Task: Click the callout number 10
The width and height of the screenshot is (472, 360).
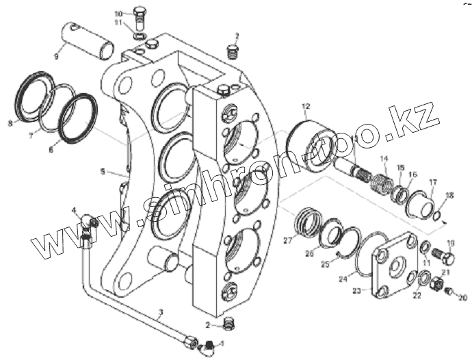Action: point(118,13)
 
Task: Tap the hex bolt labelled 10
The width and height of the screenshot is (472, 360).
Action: point(139,14)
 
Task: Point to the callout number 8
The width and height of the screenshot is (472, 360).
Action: point(10,123)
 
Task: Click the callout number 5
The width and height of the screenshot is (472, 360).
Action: point(103,172)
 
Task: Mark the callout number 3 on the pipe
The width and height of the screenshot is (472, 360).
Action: point(160,314)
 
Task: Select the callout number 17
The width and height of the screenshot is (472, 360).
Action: point(433,181)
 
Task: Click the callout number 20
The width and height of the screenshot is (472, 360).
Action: point(462,298)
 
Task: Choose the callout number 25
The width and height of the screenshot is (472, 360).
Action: point(326,263)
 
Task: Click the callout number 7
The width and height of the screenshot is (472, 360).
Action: point(30,136)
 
